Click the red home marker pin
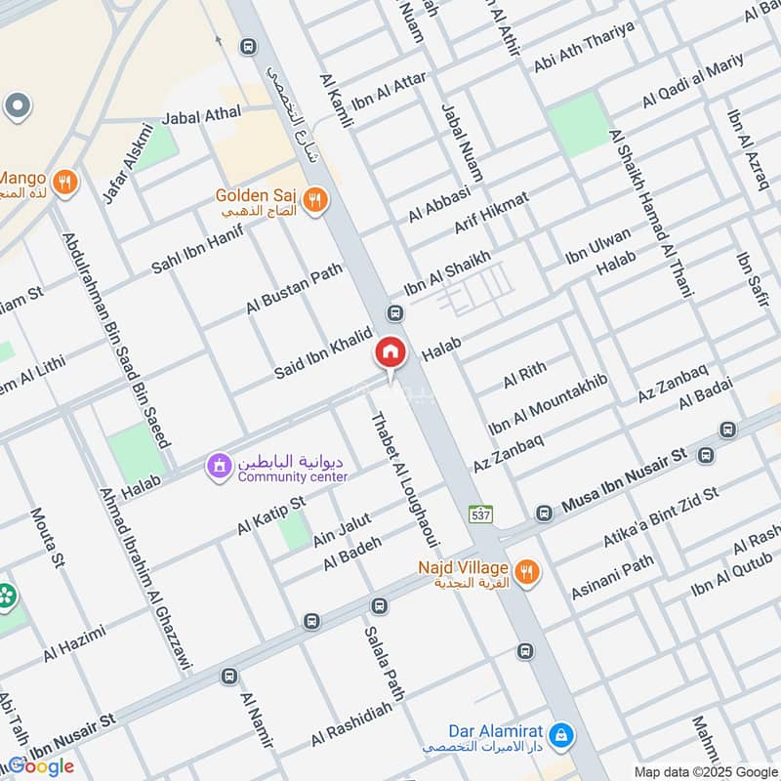click(x=390, y=352)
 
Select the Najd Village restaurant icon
click(x=527, y=572)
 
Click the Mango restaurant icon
click(x=65, y=181)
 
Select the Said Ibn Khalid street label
click(x=323, y=354)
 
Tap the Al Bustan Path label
click(x=294, y=289)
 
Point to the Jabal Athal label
click(x=201, y=115)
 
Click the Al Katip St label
click(x=271, y=514)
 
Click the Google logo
click(x=41, y=766)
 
